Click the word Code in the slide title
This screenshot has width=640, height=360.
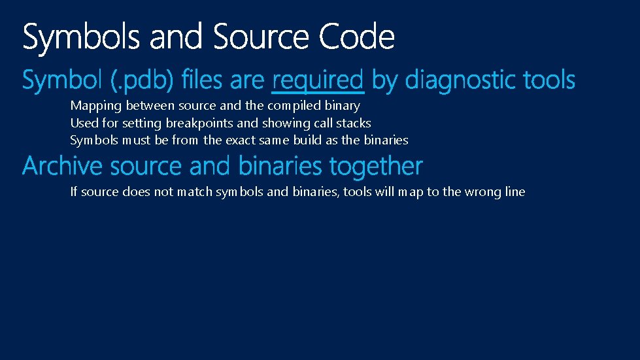(x=357, y=37)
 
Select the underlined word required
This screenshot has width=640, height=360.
(x=317, y=81)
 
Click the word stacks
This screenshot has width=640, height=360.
(x=354, y=123)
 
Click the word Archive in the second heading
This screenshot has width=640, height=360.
(x=63, y=167)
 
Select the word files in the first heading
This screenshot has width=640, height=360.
(x=203, y=81)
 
